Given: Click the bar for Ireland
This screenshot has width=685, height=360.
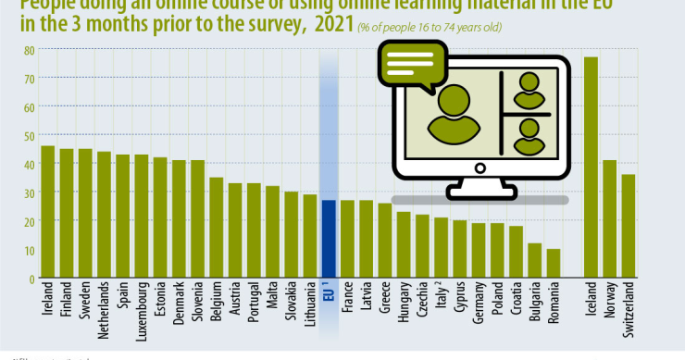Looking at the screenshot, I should pos(47,212).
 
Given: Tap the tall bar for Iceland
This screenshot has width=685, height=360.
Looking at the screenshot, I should pos(590,168).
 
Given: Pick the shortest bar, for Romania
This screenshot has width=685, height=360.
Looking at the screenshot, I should pos(553,264).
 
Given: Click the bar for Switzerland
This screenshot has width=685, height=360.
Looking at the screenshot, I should pos(628,227).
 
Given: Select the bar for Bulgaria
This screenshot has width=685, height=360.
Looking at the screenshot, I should pos(534,261).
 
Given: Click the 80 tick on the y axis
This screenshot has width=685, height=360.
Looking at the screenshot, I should pos(30,50).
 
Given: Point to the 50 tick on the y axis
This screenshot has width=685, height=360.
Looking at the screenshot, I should pos(30,136).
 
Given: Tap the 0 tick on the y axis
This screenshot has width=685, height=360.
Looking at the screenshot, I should pos(31,279).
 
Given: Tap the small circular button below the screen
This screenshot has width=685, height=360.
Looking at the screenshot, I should pos(480,169).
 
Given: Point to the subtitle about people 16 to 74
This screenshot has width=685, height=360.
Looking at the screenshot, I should pos(430,28).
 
